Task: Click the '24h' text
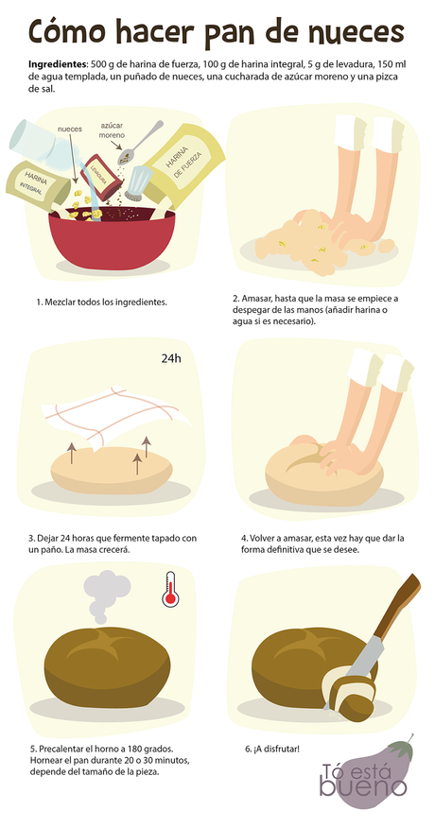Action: tap(170, 358)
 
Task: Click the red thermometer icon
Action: tap(169, 587)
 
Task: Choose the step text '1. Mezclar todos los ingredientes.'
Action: tap(101, 302)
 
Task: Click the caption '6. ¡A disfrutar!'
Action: tap(272, 749)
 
